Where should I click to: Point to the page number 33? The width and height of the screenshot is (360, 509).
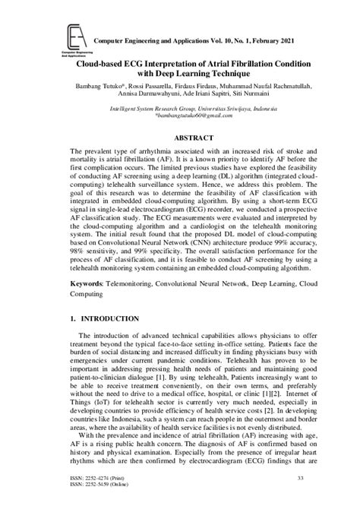coord(301,477)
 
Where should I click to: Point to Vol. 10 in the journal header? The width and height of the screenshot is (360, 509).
coord(198,39)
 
